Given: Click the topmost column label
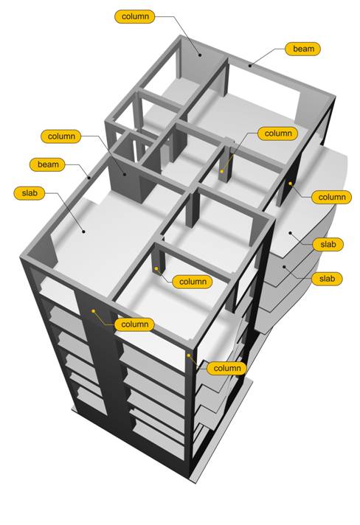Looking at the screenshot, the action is coord(134,16).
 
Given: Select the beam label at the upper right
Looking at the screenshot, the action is coord(302,49).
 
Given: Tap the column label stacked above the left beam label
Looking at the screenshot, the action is coord(61,136).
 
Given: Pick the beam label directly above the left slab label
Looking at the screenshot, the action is coord(47,164).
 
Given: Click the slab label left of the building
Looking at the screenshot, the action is coord(29,193).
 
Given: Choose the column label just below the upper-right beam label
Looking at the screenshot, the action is coord(277,133).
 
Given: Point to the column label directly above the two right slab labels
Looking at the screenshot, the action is coord(331,197).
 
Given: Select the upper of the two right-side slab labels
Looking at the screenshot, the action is coord(328,244).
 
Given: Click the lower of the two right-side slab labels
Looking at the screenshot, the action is coord(327,279).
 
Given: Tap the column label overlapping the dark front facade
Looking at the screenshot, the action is coord(134,324).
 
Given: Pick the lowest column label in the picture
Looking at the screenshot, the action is coord(226,368).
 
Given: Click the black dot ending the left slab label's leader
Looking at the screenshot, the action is coord(83,231).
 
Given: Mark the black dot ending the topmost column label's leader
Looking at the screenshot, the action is coord(200,55).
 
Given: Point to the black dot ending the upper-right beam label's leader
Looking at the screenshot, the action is coord(250,66).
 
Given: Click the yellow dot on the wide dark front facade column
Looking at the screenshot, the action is coord(93,311).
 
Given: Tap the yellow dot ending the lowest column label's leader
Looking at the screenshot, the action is coord(189,355).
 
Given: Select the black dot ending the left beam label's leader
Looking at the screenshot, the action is coord(89,178).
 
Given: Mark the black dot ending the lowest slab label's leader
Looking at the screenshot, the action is coord(284,267).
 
